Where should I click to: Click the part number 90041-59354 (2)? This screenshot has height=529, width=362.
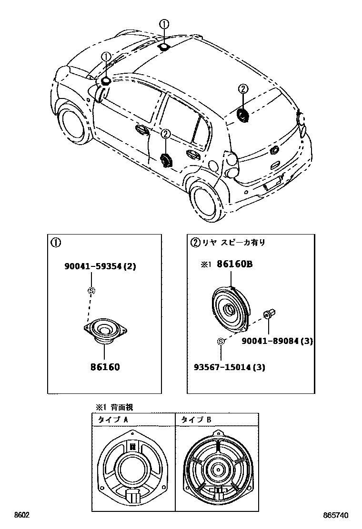tap(100, 266)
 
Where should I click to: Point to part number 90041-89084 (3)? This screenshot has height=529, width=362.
tap(277, 341)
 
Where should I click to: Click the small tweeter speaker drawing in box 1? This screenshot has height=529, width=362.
tap(104, 330)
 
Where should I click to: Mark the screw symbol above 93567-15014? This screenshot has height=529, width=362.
tap(221, 341)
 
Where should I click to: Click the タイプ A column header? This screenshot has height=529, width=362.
tap(112, 420)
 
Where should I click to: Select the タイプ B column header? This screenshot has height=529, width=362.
tap(195, 420)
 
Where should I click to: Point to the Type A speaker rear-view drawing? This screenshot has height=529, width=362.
tap(133, 469)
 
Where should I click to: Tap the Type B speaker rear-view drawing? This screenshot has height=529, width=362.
tap(217, 469)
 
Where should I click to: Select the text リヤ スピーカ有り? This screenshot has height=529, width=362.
tap(233, 242)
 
